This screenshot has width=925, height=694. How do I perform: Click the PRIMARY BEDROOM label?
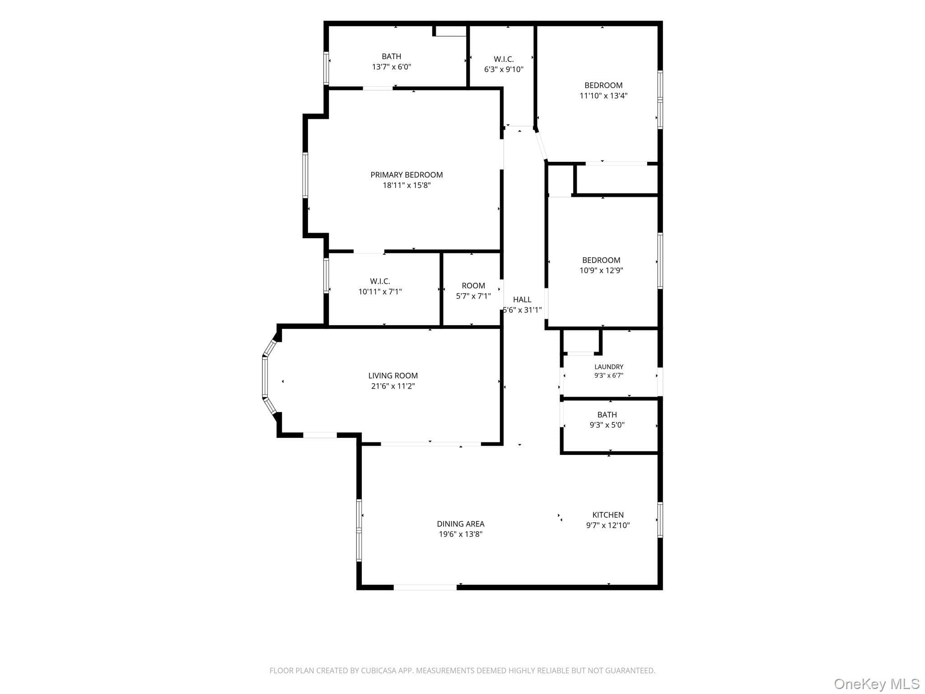tap(406, 175)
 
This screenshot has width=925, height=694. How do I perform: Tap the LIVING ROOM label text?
tap(393, 375)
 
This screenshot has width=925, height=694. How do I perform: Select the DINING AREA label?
tap(461, 524)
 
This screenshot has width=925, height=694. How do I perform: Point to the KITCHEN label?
tap(608, 515)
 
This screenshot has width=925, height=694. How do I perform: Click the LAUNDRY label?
tap(609, 367)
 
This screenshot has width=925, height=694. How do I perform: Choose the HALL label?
tap(522, 299)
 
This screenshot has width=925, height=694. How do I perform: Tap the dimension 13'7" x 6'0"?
tap(392, 67)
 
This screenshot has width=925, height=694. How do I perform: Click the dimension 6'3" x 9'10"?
tap(504, 70)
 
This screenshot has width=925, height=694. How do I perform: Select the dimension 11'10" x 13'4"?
tap(603, 96)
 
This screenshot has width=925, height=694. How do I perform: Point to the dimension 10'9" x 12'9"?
tap(601, 271)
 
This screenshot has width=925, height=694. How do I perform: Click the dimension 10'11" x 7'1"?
tap(380, 292)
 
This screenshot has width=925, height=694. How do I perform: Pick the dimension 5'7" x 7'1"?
tap(473, 296)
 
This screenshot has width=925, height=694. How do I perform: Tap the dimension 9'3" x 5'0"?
tap(607, 425)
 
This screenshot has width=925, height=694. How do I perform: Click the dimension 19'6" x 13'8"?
tap(461, 535)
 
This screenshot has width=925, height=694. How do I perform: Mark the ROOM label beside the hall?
tap(473, 286)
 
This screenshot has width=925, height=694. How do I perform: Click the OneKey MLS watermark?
tap(877, 684)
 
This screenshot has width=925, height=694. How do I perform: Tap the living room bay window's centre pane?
tap(265, 377)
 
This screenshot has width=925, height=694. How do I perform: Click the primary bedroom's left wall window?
tap(305, 175)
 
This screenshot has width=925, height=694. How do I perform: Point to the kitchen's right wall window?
tap(660, 520)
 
